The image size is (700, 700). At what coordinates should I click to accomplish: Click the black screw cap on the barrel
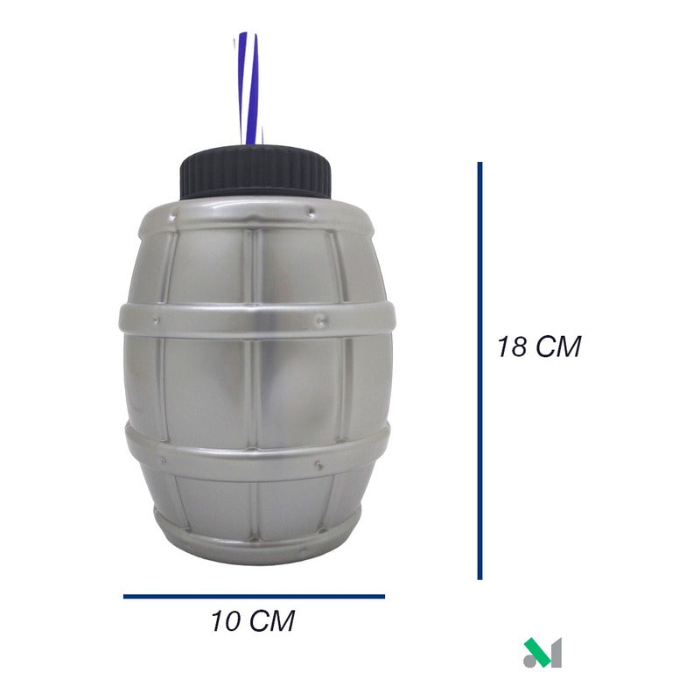(x=255, y=171)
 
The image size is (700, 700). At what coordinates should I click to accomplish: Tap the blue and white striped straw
(x=248, y=87)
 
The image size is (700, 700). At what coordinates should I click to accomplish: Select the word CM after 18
(x=558, y=346)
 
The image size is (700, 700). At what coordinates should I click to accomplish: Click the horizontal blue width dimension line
(x=254, y=597)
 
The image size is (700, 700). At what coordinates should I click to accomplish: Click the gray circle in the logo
(x=530, y=661)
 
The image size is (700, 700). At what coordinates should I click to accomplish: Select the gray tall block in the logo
(x=553, y=654)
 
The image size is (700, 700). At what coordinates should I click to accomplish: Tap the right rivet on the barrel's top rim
(x=334, y=211)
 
